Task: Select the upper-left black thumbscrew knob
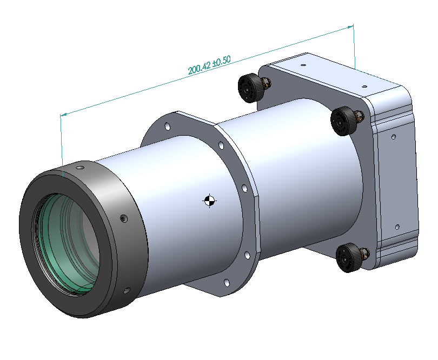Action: click(x=250, y=87)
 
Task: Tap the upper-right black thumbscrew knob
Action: click(x=344, y=120)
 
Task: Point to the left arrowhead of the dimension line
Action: click(x=62, y=114)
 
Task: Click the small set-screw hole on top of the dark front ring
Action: click(x=79, y=169)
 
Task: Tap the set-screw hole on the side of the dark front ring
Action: click(x=123, y=218)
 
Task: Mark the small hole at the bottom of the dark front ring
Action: click(x=126, y=291)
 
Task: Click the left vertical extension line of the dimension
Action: click(x=62, y=141)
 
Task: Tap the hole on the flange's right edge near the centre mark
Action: click(x=244, y=189)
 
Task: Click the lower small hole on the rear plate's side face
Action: click(x=397, y=226)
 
